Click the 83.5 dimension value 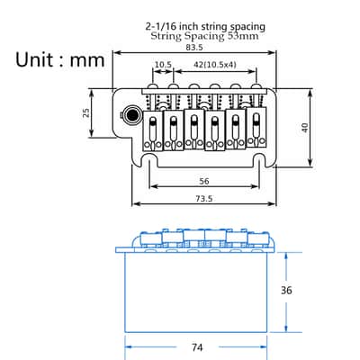pyautogui.click(x=194, y=48)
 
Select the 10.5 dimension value pyautogui.click(x=163, y=65)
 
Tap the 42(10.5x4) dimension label pyautogui.click(x=215, y=65)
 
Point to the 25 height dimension pyautogui.click(x=86, y=112)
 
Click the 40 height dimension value pyautogui.click(x=304, y=128)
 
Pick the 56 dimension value pyautogui.click(x=204, y=181)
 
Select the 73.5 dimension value pyautogui.click(x=204, y=199)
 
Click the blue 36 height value pyautogui.click(x=286, y=291)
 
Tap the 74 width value pyautogui.click(x=197, y=347)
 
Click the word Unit pyautogui.click(x=35, y=59)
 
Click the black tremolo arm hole pyautogui.click(x=131, y=115)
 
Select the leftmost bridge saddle pyautogui.click(x=153, y=130)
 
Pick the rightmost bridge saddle pyautogui.click(x=256, y=127)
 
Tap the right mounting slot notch pyautogui.click(x=259, y=159)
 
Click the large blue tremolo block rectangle pyautogui.click(x=195, y=292)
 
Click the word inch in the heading pyautogui.click(x=189, y=27)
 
